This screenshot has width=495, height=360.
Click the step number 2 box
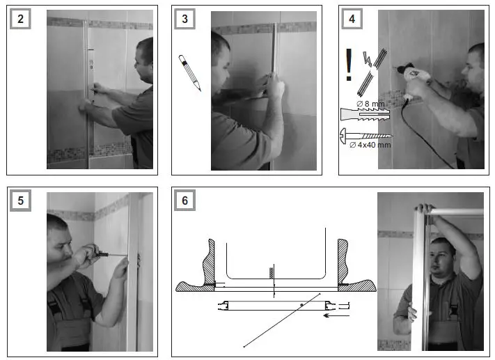point(20,19)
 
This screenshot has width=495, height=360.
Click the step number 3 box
point(184,19)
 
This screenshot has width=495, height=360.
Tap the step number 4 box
point(352,19)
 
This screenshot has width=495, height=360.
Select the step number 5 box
point(20,200)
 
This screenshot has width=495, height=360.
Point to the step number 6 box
point(184,200)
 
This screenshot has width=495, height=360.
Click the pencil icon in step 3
point(189,72)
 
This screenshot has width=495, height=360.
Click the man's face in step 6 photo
point(441,254)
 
